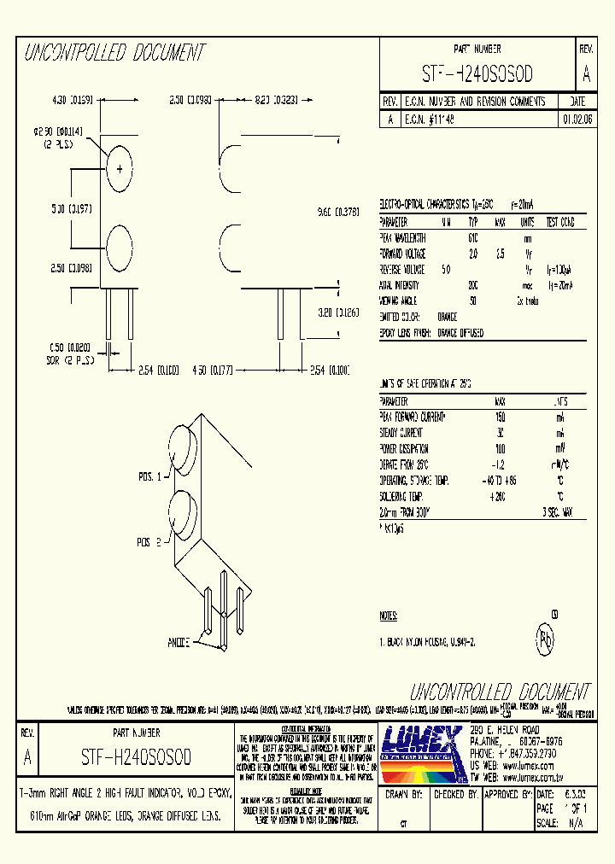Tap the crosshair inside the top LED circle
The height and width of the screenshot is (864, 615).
[x=120, y=168]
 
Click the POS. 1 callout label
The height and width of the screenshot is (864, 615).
[x=149, y=476]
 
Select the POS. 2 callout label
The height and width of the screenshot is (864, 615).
[x=149, y=542]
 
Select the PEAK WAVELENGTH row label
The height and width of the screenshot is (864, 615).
[x=403, y=238]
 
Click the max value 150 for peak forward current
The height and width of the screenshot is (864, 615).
[x=500, y=417]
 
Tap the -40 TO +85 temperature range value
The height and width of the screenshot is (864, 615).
[x=500, y=480]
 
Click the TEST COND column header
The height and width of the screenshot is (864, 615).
[x=559, y=223]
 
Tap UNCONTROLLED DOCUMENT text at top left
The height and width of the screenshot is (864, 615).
[x=114, y=53]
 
